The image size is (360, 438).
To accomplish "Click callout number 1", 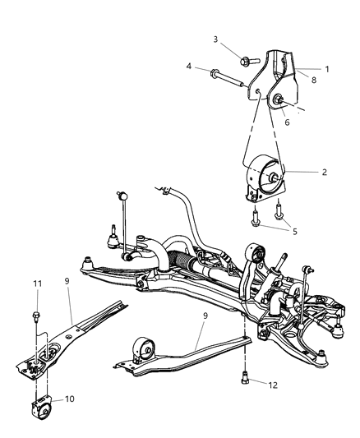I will click(326, 69).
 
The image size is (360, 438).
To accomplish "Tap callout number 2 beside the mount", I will click(325, 173).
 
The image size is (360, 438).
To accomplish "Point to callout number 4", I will click(188, 66).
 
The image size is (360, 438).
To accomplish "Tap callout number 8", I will click(313, 80).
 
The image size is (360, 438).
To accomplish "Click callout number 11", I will click(36, 284).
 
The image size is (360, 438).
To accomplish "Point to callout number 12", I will click(262, 384).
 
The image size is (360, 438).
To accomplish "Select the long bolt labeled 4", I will click(225, 78).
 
